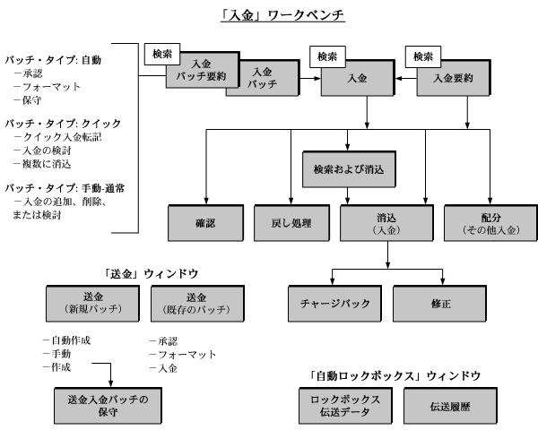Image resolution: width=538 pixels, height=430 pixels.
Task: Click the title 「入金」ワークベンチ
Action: (x=270, y=15)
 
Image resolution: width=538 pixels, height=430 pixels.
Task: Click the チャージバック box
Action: (x=334, y=304)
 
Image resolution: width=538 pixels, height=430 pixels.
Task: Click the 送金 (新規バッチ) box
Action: (x=91, y=304)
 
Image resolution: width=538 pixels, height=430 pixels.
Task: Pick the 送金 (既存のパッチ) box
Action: (x=190, y=304)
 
